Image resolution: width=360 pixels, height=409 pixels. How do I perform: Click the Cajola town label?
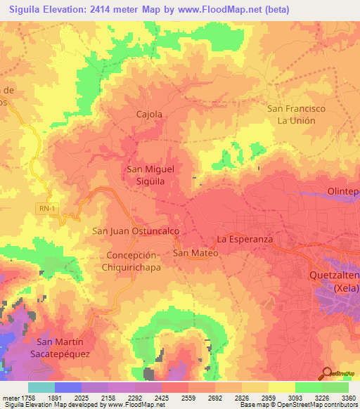pos(148,114)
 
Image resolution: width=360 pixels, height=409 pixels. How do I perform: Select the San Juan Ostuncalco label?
pos(136,231)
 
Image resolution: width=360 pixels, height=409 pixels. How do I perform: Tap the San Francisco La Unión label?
pos(296,115)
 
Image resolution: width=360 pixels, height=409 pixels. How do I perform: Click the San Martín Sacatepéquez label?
pos(60,347)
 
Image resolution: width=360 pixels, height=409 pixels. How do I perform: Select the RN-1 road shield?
pos(46,207)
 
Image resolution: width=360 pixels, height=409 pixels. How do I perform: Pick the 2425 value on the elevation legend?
pos(162,397)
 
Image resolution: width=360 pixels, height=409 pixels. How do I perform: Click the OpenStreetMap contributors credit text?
pos(319,405)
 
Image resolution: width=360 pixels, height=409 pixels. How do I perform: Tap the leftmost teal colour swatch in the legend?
pos(41,387)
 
